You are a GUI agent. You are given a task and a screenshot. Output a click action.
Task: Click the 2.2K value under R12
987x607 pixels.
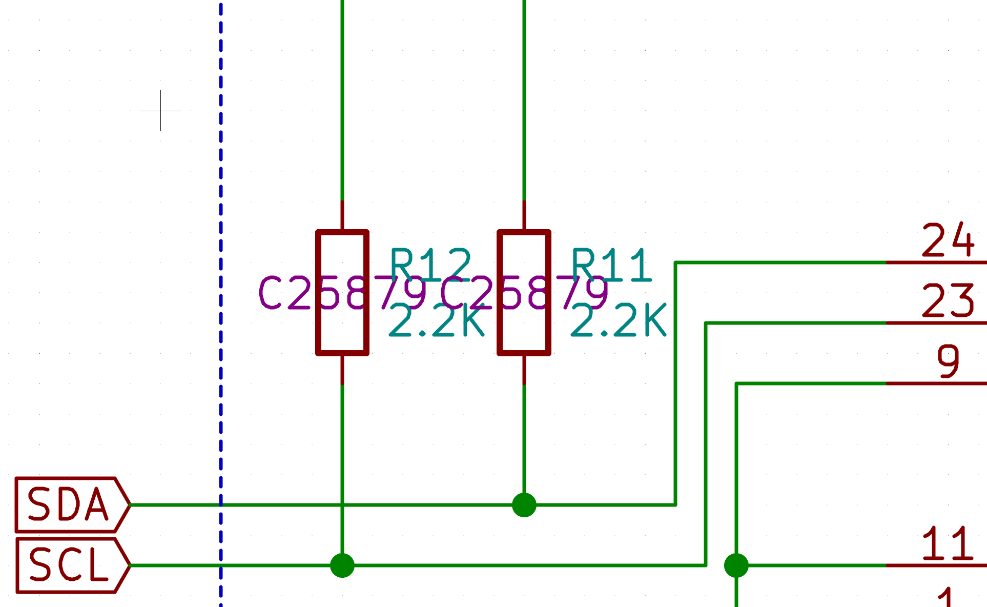pyautogui.click(x=437, y=320)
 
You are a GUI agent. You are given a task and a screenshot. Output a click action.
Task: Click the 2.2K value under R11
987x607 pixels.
pyautogui.click(x=618, y=320)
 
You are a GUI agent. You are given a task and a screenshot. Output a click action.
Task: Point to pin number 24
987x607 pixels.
pyautogui.click(x=948, y=240)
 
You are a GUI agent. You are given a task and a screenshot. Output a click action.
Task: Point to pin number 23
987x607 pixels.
pyautogui.click(x=948, y=301)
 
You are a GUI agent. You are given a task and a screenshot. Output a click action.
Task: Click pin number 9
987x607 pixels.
pyautogui.click(x=948, y=361)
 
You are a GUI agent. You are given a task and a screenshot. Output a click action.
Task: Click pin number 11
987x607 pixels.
pyautogui.click(x=948, y=543)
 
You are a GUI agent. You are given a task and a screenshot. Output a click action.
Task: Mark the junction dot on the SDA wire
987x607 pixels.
pyautogui.click(x=524, y=505)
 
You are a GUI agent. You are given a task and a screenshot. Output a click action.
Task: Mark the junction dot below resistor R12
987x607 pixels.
pyautogui.click(x=342, y=565)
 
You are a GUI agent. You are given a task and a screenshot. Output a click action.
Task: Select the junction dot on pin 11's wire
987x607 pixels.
pyautogui.click(x=736, y=565)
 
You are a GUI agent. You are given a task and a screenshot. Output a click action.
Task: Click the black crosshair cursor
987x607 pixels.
pyautogui.click(x=160, y=111)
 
